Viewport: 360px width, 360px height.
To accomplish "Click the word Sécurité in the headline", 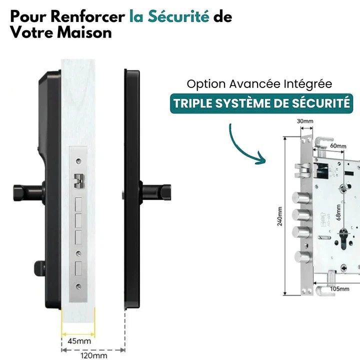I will (x=177, y=17).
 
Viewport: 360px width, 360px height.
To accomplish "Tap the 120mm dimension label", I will (x=93, y=355).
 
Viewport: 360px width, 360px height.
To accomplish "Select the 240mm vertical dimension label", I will (x=280, y=215).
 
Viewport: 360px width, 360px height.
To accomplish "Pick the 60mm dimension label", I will (x=338, y=146).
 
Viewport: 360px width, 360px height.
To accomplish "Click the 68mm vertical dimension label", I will (x=338, y=212).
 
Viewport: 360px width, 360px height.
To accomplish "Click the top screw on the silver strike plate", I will (x=79, y=160).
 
